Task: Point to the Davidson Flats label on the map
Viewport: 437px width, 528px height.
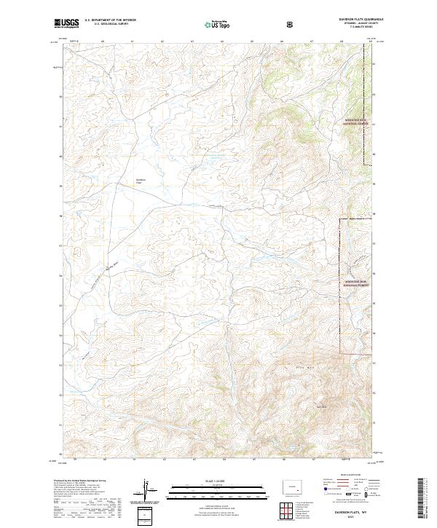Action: pyautogui.click(x=141, y=181)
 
